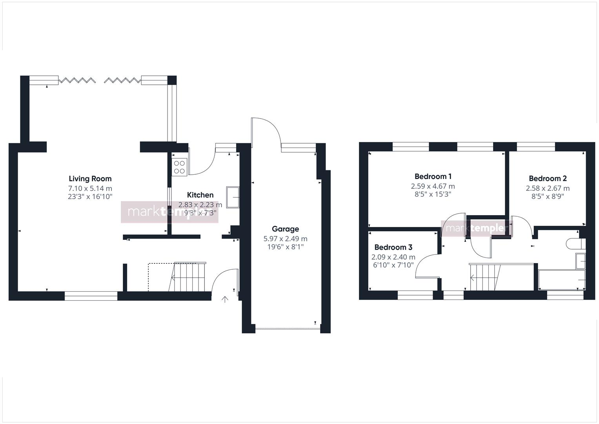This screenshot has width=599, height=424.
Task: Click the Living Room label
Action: [90, 179]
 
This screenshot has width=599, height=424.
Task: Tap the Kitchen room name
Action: [200, 195]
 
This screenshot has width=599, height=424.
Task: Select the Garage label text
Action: [285, 229]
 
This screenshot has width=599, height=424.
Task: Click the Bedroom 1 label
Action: [433, 176]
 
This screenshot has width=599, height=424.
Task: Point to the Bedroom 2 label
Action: [548, 178]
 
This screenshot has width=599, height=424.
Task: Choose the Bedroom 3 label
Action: [393, 247]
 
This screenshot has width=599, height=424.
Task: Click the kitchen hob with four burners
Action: [180, 167]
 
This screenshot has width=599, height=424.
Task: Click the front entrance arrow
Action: [225, 300]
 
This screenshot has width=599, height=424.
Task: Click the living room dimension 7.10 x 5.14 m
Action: [90, 188]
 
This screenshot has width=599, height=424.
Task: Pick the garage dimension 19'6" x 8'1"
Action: [285, 247]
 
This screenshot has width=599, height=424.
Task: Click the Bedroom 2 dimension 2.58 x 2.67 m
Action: [548, 188]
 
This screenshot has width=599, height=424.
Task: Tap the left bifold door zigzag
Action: [77, 80]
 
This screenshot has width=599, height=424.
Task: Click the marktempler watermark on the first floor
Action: [477, 228]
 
